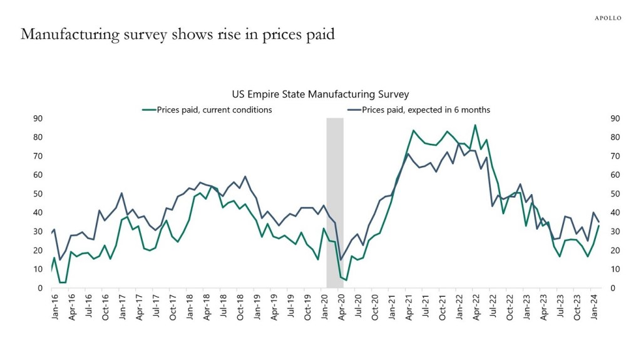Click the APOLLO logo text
(x=607, y=18)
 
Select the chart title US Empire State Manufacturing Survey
(x=320, y=95)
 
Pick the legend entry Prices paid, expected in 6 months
(x=418, y=110)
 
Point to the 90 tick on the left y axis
(x=38, y=118)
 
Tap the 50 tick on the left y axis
(x=38, y=194)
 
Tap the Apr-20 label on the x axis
(x=341, y=307)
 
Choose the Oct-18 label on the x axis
(x=240, y=307)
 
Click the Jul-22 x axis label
(x=493, y=307)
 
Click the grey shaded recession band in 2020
(x=335, y=200)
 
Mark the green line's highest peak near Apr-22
(x=474, y=125)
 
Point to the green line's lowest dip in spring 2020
(x=346, y=280)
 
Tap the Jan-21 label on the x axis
(x=392, y=307)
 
